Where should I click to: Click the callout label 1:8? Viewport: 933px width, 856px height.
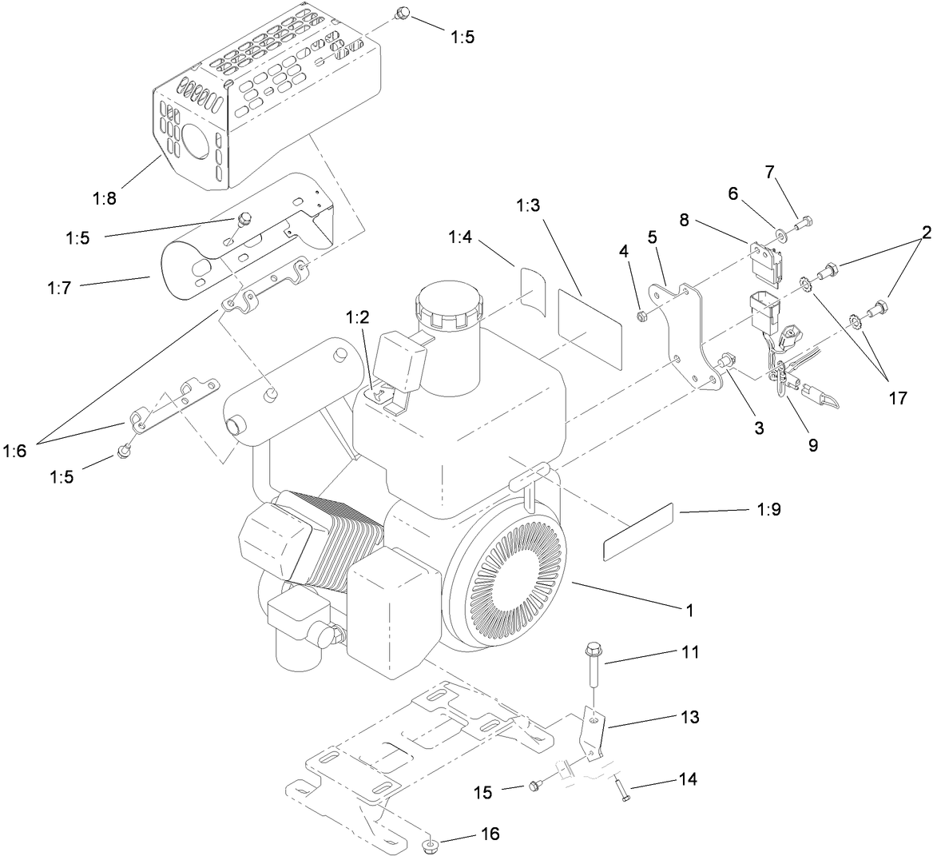(x=104, y=198)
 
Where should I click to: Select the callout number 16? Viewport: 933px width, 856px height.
(x=489, y=834)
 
